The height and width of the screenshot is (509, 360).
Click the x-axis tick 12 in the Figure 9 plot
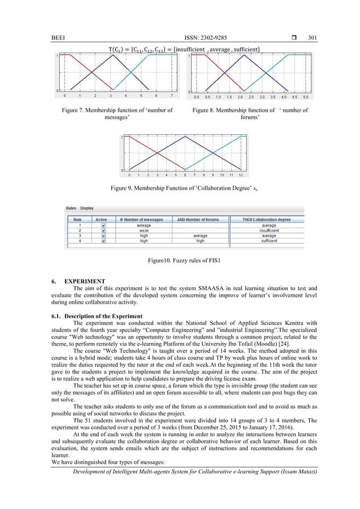[241, 175]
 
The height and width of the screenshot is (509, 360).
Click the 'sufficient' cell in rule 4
[269, 240]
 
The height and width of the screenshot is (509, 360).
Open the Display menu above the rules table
[87, 208]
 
